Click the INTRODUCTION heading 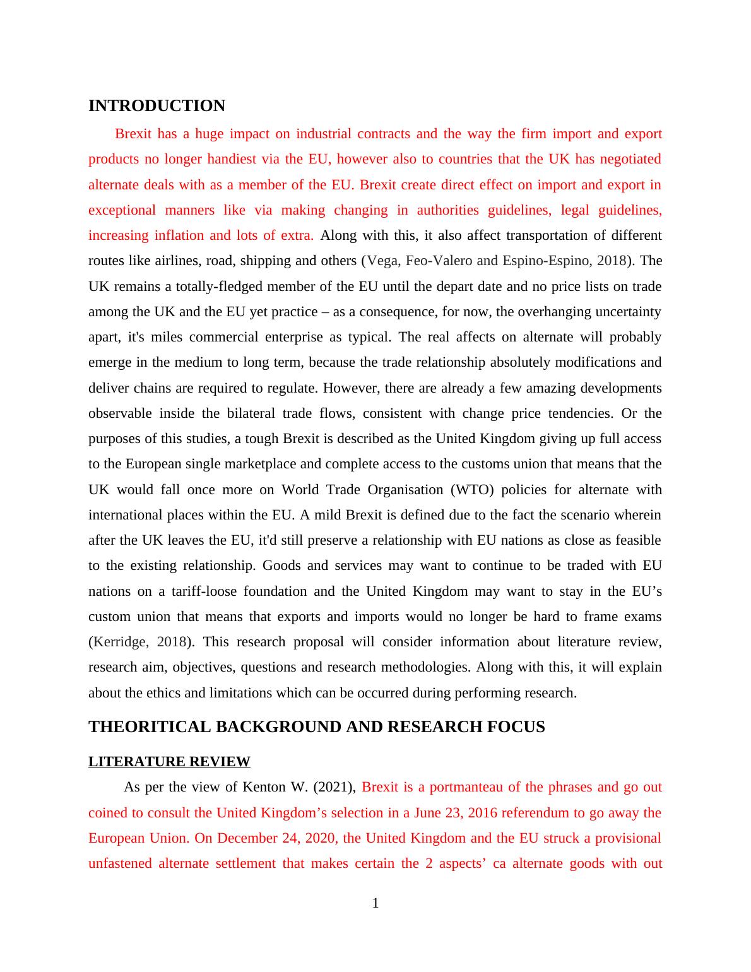coord(157,105)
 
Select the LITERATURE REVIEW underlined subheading coord(169,762)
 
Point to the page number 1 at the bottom coord(375,903)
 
